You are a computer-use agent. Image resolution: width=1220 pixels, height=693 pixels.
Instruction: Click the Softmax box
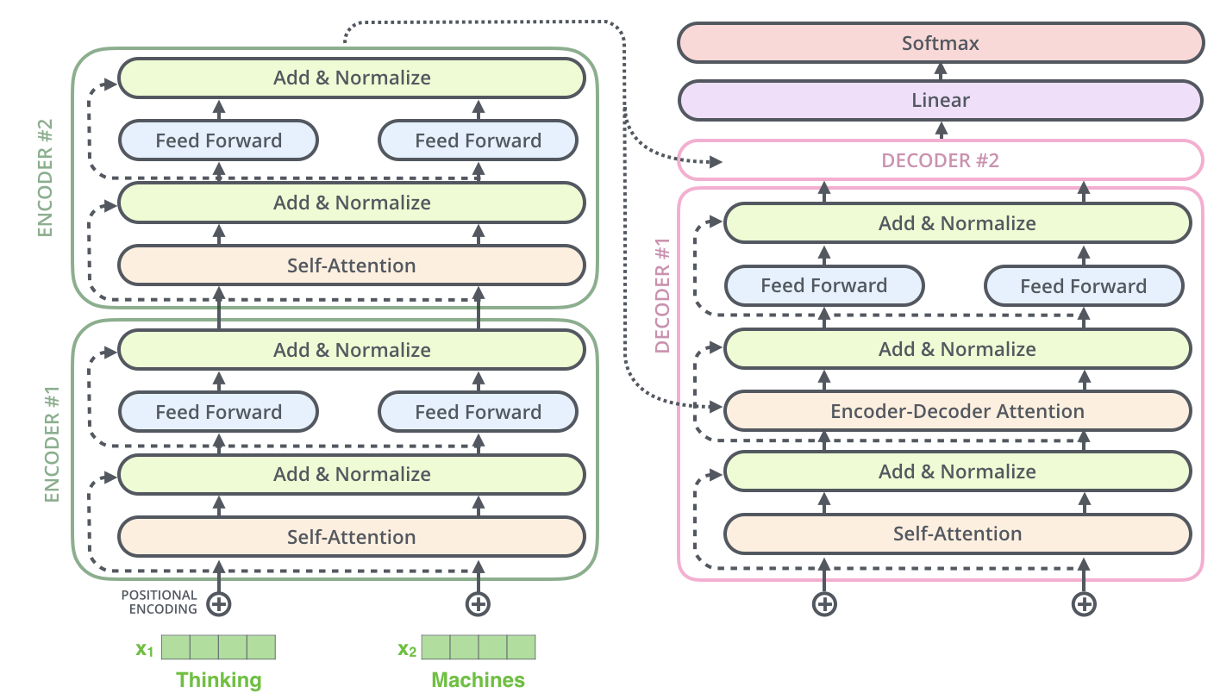tap(940, 43)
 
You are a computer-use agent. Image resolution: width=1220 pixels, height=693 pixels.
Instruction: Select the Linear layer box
tap(940, 100)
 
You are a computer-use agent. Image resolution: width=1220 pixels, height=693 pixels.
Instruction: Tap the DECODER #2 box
tap(940, 160)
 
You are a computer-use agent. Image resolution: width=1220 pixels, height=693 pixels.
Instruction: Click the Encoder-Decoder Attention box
tap(957, 411)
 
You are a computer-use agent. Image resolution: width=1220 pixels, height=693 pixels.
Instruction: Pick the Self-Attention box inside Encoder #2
tap(352, 265)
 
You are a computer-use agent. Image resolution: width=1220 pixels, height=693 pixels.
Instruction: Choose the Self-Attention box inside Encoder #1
tap(352, 537)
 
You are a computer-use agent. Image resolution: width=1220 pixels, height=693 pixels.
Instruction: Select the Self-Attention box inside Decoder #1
tap(957, 534)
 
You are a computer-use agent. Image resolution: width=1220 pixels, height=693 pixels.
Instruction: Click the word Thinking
tap(219, 680)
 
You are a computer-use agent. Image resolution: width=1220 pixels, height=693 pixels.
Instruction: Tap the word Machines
tap(478, 680)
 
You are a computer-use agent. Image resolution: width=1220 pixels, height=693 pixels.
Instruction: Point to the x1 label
tap(145, 649)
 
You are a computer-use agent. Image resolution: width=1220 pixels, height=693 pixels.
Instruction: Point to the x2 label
tap(406, 649)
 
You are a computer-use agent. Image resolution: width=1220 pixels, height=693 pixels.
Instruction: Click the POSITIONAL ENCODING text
tap(159, 602)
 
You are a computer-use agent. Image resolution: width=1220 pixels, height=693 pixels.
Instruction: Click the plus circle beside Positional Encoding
tap(219, 604)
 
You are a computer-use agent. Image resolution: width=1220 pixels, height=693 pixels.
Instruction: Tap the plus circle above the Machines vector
tap(478, 604)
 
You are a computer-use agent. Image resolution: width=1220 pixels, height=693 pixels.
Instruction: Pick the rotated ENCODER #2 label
tap(45, 178)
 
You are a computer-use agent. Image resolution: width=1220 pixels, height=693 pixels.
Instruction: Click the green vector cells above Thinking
tap(218, 647)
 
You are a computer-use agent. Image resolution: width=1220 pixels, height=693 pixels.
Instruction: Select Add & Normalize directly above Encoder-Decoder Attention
tap(957, 349)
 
